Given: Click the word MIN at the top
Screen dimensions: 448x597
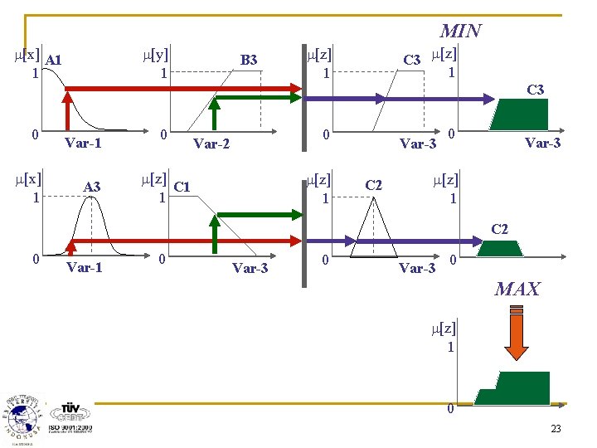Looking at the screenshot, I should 460,32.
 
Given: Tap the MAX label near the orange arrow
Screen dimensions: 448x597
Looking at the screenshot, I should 517,290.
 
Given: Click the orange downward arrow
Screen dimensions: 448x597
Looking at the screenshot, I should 516,336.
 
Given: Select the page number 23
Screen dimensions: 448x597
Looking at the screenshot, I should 555,429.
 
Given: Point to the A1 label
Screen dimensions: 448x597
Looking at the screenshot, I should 54,60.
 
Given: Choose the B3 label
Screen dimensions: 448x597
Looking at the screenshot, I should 249,60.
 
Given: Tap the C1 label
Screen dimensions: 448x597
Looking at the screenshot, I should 182,187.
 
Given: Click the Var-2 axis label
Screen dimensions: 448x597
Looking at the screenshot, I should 211,144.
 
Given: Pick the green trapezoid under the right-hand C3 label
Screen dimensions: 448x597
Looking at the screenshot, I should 518,115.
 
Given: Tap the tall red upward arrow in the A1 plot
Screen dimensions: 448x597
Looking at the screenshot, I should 66,108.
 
